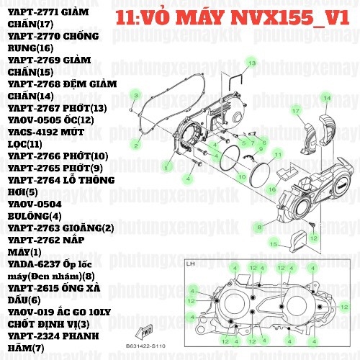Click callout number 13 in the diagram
click(x=251, y=63)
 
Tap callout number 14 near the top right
click(x=326, y=97)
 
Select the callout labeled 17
click(x=294, y=111)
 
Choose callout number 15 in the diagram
click(x=273, y=244)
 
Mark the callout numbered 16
click(x=272, y=189)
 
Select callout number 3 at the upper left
click(x=135, y=94)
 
